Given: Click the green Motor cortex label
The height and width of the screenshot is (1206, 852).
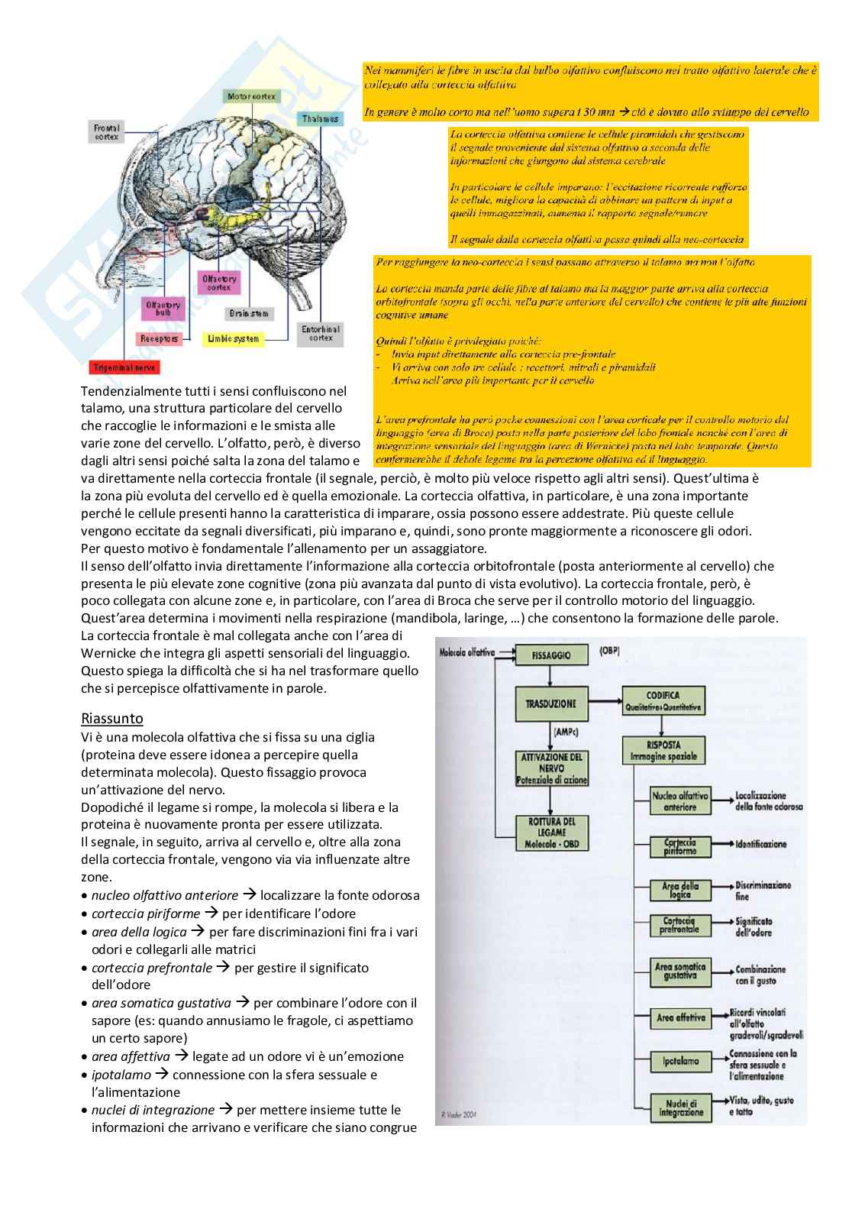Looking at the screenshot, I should pyautogui.click(x=252, y=96).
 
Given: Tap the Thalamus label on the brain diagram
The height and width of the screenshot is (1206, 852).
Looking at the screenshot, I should pyautogui.click(x=320, y=118).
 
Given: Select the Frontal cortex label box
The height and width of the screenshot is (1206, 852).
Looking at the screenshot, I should pyautogui.click(x=106, y=132).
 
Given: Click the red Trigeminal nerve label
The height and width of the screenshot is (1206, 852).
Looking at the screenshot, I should pyautogui.click(x=124, y=367).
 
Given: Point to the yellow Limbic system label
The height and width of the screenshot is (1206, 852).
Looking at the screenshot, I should pyautogui.click(x=234, y=338).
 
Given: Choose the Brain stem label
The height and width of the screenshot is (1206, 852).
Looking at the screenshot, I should pyautogui.click(x=249, y=313).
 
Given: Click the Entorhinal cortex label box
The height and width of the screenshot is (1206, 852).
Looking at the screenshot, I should pyautogui.click(x=321, y=333).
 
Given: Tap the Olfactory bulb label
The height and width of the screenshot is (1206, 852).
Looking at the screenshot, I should pyautogui.click(x=163, y=309).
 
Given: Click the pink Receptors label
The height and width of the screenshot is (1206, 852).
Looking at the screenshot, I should pyautogui.click(x=160, y=338).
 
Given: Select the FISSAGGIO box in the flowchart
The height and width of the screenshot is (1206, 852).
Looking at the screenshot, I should pyautogui.click(x=551, y=655).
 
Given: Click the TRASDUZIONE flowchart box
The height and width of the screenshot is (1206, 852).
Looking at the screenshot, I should pyautogui.click(x=551, y=703).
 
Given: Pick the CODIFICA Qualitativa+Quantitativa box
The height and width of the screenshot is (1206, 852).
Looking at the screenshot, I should pyautogui.click(x=662, y=701).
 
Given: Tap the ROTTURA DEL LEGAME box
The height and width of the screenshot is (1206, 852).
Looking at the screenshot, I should pyautogui.click(x=551, y=833).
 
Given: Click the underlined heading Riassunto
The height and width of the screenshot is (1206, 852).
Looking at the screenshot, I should pyautogui.click(x=111, y=718).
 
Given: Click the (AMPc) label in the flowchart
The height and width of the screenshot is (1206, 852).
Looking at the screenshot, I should pyautogui.click(x=565, y=732).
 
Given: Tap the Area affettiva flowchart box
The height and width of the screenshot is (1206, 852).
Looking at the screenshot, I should pyautogui.click(x=680, y=1017).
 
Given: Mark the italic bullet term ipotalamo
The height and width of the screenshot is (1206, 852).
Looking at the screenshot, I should pyautogui.click(x=121, y=1075).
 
